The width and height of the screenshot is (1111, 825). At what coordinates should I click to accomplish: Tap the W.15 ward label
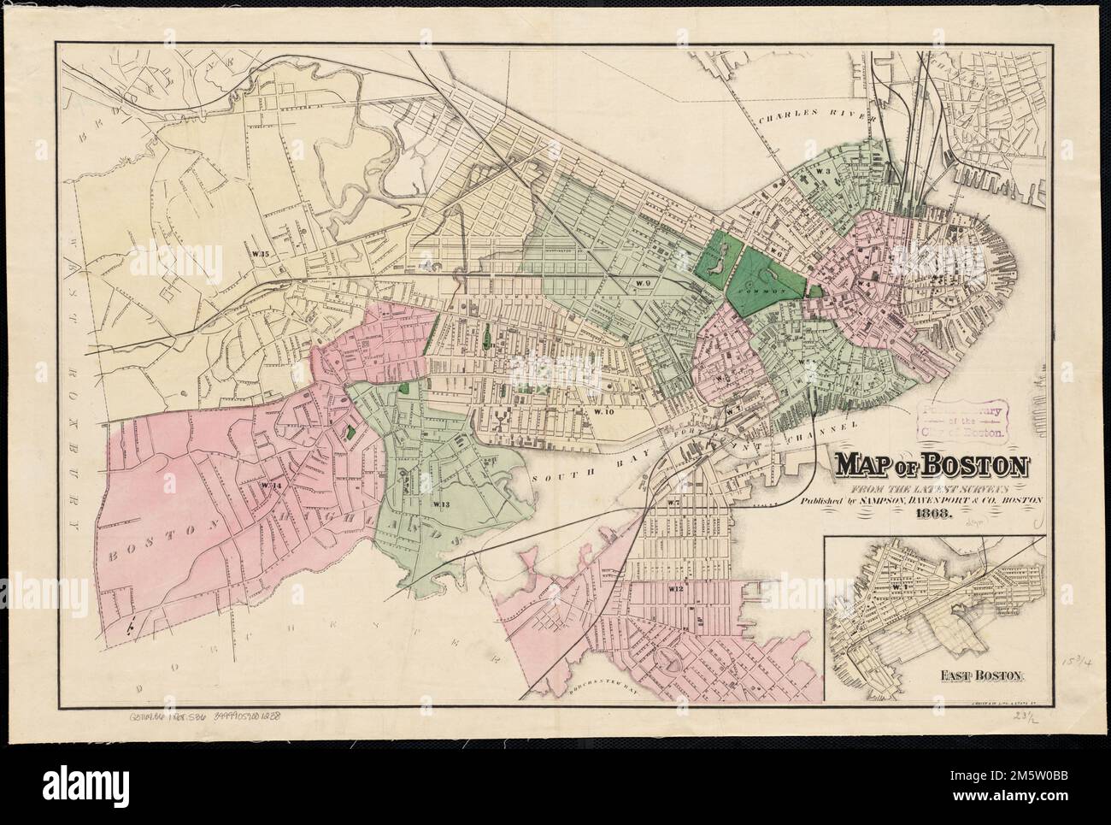(260, 254)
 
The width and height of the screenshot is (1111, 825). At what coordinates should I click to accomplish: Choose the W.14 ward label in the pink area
(273, 485)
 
